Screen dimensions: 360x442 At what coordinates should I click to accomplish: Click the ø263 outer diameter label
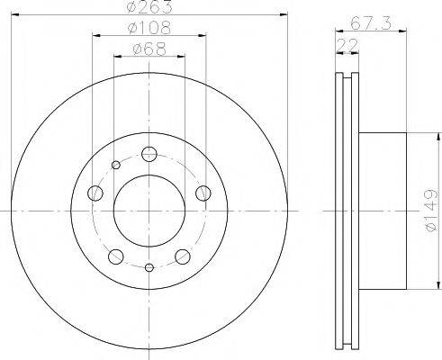(x=149, y=8)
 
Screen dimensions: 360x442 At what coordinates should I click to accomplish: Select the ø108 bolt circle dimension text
(x=149, y=29)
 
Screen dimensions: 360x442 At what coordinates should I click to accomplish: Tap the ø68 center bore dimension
(x=149, y=49)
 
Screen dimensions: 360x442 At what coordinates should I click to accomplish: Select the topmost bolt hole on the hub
(x=149, y=152)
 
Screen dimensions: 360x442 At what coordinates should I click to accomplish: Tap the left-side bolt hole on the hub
(x=95, y=192)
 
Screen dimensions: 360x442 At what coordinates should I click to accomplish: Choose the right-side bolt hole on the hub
(x=203, y=192)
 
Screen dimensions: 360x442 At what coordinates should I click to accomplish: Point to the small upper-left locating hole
(x=115, y=164)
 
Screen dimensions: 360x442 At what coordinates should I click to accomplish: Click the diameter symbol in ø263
(x=133, y=8)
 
